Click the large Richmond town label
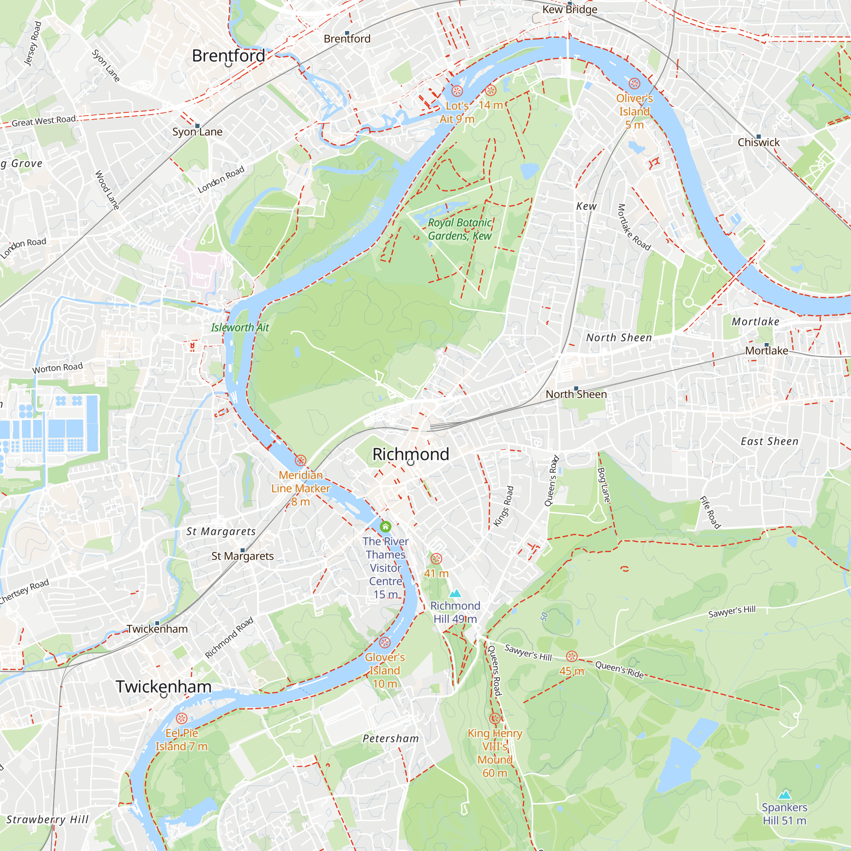pos(411,454)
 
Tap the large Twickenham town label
pos(163,687)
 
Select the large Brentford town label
pos(228,56)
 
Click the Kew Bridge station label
pos(570,9)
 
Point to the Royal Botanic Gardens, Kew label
pos(460,229)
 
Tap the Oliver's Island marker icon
pos(634,84)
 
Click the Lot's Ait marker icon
pos(457,91)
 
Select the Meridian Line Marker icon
pos(300,461)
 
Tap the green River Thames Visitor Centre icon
pos(386,527)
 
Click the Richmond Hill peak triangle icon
pos(455,594)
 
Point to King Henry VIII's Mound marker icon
pos(495,718)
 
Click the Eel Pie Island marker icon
pos(182,718)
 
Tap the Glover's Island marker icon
pos(385,643)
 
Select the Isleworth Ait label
pos(240,327)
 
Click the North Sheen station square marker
pos(576,388)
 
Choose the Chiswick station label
pos(759,142)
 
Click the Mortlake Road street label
pos(634,227)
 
